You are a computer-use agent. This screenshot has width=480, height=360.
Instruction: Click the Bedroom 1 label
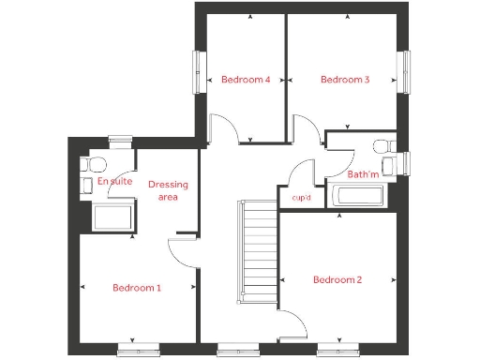coord(137,288)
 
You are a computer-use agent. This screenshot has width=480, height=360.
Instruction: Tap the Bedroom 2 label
coord(337,279)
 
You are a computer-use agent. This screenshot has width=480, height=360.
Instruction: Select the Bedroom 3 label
coord(345,80)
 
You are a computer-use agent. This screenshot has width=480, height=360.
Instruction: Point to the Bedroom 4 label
coord(246,80)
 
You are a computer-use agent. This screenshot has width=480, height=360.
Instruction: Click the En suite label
coord(114,181)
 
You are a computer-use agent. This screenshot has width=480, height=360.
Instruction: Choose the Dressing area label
coord(168,190)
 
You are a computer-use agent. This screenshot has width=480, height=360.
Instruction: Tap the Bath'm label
coord(363,174)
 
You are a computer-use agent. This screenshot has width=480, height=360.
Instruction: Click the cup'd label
coord(302,198)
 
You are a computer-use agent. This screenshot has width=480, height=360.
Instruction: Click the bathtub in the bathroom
coord(358,197)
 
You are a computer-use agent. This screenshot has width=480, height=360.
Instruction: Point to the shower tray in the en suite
coord(114,217)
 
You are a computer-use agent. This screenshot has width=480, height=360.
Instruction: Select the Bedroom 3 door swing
coord(307,129)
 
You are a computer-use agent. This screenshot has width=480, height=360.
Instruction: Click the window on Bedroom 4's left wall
coord(197,71)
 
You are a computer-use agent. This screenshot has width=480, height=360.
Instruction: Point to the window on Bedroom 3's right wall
coord(408,71)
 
